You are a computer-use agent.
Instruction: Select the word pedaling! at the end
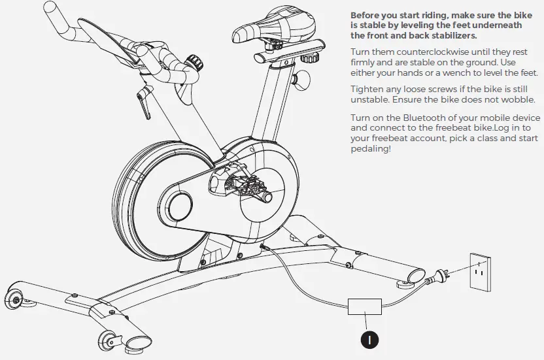371,149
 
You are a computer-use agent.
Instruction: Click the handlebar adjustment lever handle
143,102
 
